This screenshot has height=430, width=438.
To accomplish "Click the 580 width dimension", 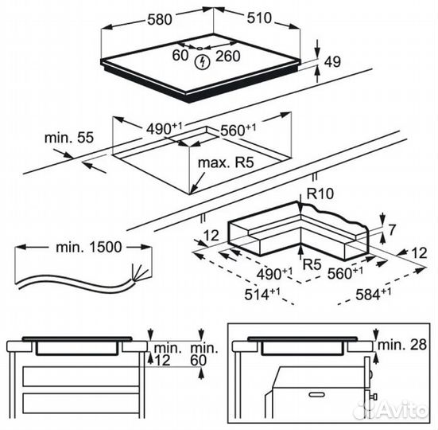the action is [x=159, y=20].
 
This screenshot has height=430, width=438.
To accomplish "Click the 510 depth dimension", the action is [x=259, y=18].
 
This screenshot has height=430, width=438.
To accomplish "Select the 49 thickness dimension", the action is [x=333, y=62].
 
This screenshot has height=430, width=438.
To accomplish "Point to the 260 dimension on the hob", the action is [x=228, y=57].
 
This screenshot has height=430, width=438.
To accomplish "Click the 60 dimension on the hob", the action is [x=180, y=55].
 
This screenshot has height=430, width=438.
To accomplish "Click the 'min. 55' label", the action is [x=69, y=138].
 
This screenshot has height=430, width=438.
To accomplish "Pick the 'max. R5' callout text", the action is [x=226, y=162].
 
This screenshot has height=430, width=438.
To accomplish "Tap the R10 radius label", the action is [x=320, y=193].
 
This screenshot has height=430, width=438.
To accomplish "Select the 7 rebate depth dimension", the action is [x=392, y=229].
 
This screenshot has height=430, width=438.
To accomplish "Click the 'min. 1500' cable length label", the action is [x=89, y=247].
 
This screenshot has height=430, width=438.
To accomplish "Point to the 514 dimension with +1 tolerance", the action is [x=262, y=294].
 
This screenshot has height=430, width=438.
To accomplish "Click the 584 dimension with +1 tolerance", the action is [x=373, y=294].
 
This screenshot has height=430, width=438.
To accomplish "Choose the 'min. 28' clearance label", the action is [x=402, y=345].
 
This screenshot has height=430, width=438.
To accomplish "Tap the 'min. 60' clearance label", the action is [x=204, y=354].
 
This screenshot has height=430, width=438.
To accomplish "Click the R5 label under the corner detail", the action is [x=312, y=264].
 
